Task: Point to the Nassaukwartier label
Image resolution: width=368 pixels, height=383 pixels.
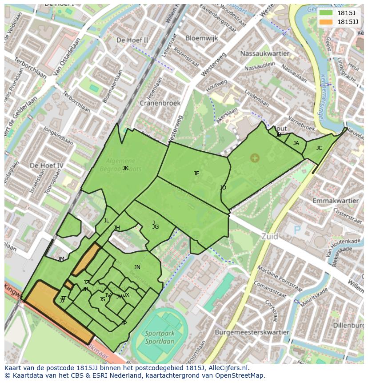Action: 264,53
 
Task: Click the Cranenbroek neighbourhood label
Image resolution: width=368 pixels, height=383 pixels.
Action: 160,103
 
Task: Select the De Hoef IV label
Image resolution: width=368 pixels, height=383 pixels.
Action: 46,165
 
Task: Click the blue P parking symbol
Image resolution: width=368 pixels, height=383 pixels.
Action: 297,230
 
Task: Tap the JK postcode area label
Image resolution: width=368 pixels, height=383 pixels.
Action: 125,168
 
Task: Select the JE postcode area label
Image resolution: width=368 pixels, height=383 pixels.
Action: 196,173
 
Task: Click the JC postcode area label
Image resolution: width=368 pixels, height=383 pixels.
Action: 319,148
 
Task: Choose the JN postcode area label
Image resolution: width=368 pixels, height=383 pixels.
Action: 137,267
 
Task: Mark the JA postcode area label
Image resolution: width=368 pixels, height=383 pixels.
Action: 296,143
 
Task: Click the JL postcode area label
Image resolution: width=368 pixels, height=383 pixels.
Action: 106,221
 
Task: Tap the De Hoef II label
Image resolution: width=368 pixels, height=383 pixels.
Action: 132,40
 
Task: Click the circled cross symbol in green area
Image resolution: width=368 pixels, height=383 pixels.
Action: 254,157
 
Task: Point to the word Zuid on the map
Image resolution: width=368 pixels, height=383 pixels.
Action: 270,236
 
